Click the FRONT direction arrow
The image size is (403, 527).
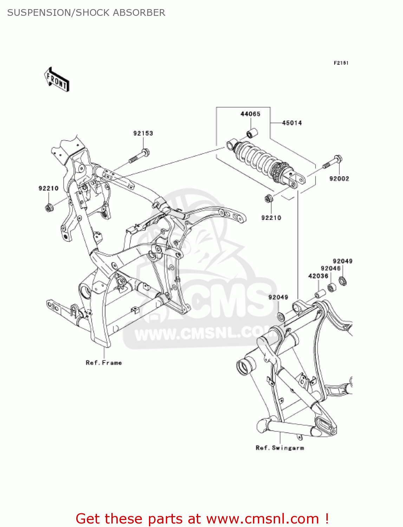tap(57, 80)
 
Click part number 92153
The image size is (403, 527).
tap(143, 133)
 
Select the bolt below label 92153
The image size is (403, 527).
tap(140, 156)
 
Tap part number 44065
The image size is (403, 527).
tap(250, 114)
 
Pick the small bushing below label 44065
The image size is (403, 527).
tap(252, 134)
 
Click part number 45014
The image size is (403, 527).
tap(292, 123)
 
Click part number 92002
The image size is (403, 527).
tap(339, 178)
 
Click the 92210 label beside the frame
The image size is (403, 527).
tap(48, 188)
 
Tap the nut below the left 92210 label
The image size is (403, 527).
tap(48, 207)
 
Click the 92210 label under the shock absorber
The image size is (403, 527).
tap(271, 218)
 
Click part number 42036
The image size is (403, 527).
tap(318, 276)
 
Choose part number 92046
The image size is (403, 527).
tap(330, 268)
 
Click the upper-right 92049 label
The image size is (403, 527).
tap(343, 261)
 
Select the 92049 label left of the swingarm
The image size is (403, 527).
tap(278, 297)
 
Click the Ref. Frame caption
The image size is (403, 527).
tap(104, 363)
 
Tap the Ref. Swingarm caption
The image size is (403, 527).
tap(280, 448)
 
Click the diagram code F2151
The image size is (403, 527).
tap(341, 63)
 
